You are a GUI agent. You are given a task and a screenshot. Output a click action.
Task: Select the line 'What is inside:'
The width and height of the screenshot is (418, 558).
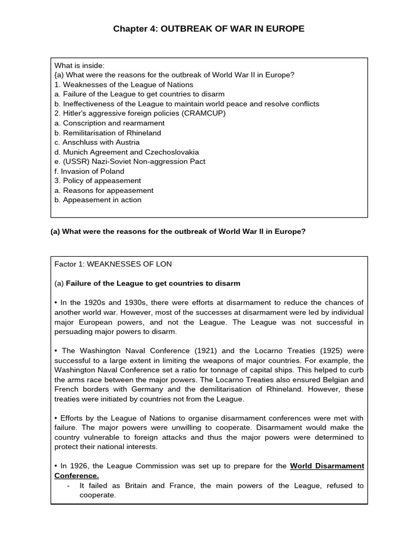79,65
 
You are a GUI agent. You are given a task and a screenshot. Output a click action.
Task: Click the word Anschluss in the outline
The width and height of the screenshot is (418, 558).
83,142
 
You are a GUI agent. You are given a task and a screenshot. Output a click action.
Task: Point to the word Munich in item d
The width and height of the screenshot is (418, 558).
75,152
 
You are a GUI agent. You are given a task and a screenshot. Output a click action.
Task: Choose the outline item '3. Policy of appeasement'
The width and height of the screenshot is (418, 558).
97,180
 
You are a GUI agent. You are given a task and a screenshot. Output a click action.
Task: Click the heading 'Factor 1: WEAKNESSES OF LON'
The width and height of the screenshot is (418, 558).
113,264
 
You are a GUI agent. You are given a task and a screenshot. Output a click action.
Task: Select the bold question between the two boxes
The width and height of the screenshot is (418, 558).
178,232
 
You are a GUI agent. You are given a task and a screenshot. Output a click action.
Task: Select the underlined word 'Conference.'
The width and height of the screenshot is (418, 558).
77,476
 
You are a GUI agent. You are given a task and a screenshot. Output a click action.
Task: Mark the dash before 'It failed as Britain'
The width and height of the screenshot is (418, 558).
67,486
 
